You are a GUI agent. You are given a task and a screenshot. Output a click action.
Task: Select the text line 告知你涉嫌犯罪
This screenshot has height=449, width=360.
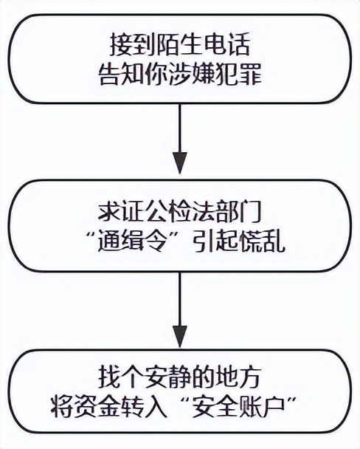181,75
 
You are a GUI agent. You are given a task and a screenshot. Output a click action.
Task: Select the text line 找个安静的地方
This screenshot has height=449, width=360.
181,375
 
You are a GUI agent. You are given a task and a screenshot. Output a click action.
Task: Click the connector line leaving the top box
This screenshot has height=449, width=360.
181,126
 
